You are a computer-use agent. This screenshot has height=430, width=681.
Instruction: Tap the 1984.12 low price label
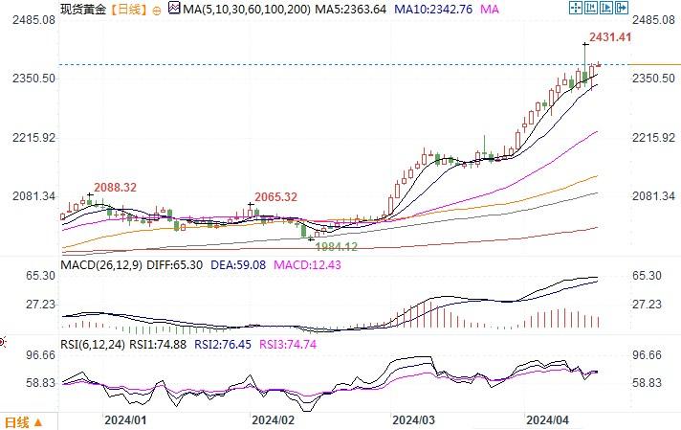pyautogui.click(x=338, y=246)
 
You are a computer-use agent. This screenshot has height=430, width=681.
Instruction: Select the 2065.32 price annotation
pyautogui.click(x=275, y=196)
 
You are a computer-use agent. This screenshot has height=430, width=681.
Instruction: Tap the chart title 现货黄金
pyautogui.click(x=81, y=9)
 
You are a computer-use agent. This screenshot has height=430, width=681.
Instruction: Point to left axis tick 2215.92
pyautogui.click(x=30, y=138)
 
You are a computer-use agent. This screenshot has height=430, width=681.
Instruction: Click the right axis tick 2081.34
pyautogui.click(x=655, y=196)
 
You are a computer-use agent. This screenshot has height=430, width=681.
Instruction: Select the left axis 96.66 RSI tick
pyautogui.click(x=38, y=354)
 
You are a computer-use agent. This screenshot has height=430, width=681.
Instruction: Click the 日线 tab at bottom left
pyautogui.click(x=18, y=421)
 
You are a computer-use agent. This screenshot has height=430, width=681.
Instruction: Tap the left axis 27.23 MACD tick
pyautogui.click(x=38, y=305)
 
